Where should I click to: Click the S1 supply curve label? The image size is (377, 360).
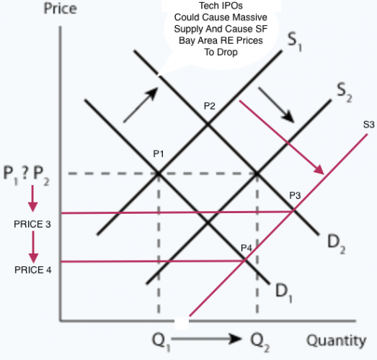pyautogui.click(x=294, y=42)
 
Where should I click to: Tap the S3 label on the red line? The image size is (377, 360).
pyautogui.click(x=368, y=125)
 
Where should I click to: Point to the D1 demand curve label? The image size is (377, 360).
pyautogui.click(x=284, y=293)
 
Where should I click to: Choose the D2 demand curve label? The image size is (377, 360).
pyautogui.click(x=337, y=244)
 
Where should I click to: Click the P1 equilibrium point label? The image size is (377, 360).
pyautogui.click(x=159, y=153)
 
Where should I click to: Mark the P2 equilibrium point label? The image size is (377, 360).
pyautogui.click(x=210, y=106)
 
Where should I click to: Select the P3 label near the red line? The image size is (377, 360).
pyautogui.click(x=295, y=196)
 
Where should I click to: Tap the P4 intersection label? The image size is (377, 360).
pyautogui.click(x=247, y=248)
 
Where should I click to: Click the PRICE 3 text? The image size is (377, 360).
pyautogui.click(x=32, y=224)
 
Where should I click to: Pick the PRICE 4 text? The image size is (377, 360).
pyautogui.click(x=33, y=270)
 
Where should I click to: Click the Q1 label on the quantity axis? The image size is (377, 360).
pyautogui.click(x=161, y=342)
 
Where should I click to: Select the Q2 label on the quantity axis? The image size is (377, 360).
pyautogui.click(x=260, y=342)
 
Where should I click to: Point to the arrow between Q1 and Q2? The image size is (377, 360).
pyautogui.click(x=206, y=338)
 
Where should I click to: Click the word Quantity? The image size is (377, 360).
pyautogui.click(x=337, y=341)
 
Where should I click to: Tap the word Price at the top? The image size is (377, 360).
pyautogui.click(x=61, y=9)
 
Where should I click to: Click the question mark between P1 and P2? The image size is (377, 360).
pyautogui.click(x=25, y=172)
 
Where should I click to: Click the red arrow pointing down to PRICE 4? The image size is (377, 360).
pyautogui.click(x=33, y=247)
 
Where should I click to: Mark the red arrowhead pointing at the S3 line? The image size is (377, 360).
pyautogui.click(x=320, y=170)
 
